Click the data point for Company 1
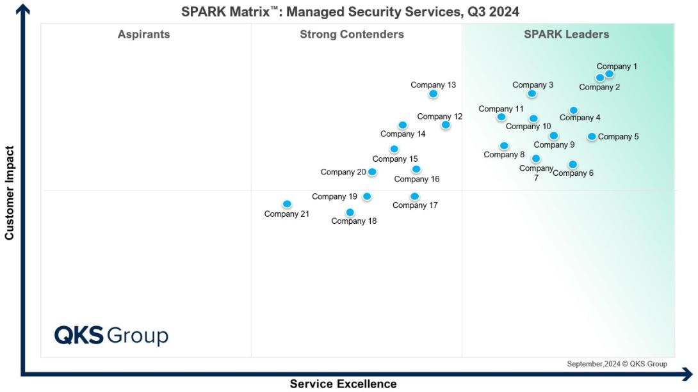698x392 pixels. tap(609, 74)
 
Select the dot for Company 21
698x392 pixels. tap(287, 204)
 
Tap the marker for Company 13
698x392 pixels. tap(433, 94)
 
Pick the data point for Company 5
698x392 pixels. tap(592, 136)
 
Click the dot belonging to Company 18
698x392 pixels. tap(350, 212)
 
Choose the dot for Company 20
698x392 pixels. tap(372, 172)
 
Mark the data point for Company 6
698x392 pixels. tap(572, 164)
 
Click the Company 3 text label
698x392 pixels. tap(533, 85)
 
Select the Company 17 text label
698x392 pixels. tap(415, 205)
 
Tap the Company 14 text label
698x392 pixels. tap(403, 134)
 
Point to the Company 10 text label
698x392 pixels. tap(528, 127)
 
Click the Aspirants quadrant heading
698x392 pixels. tap(143, 35)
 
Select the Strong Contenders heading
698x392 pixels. tap(352, 35)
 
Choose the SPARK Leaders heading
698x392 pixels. tap(566, 35)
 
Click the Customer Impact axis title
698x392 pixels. tap(9, 193)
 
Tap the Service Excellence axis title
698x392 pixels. tap(343, 384)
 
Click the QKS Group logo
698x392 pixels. tap(111, 335)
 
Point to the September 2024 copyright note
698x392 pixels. tap(617, 364)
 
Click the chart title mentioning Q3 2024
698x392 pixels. tap(350, 12)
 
